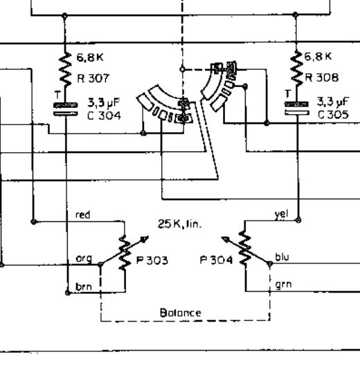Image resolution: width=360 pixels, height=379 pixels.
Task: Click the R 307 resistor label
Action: (93, 78)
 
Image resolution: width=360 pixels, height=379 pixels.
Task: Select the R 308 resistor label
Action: (321, 77)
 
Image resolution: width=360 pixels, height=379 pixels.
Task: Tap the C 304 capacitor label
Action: (104, 115)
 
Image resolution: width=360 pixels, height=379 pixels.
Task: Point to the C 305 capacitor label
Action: (334, 114)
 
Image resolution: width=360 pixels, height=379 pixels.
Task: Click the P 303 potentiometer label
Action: (152, 260)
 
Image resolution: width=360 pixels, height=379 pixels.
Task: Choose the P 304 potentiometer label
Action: (216, 260)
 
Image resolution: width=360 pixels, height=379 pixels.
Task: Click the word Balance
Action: (181, 313)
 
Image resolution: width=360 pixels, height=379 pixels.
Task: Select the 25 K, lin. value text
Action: (179, 224)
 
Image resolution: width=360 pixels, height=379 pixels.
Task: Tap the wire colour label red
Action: (83, 214)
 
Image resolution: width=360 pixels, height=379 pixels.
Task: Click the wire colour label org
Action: (84, 259)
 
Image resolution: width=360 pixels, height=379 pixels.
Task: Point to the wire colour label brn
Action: (84, 286)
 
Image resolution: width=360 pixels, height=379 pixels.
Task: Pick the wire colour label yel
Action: (281, 214)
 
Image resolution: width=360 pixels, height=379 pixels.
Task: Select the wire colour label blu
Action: (282, 257)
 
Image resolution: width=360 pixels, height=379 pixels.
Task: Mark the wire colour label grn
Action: (283, 285)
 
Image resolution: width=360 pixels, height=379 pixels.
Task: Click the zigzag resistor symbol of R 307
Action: (65, 69)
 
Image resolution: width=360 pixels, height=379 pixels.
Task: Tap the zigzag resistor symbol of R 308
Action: (297, 68)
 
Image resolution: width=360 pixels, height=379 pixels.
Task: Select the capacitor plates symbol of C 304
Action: (66, 109)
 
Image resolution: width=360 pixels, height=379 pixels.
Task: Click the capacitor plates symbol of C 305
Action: (297, 109)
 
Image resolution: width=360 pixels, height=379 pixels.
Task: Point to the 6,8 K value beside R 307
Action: (90, 57)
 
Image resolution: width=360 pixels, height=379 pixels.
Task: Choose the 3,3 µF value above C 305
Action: (333, 102)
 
